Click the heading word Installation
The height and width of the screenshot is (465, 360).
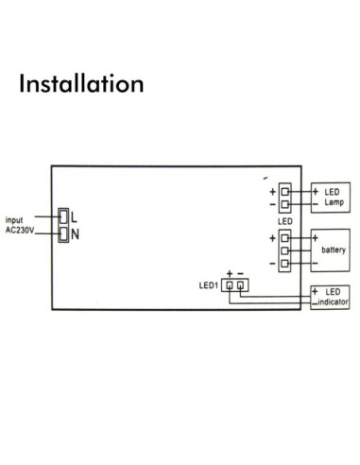click(x=80, y=83)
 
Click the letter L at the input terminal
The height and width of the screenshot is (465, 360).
click(x=74, y=216)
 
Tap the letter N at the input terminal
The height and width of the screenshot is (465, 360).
click(x=75, y=232)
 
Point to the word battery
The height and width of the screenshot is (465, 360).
click(x=333, y=250)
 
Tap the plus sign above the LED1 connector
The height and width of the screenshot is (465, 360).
click(x=229, y=272)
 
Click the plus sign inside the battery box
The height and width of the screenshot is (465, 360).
click(x=315, y=233)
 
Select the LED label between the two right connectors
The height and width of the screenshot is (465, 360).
click(x=284, y=220)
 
